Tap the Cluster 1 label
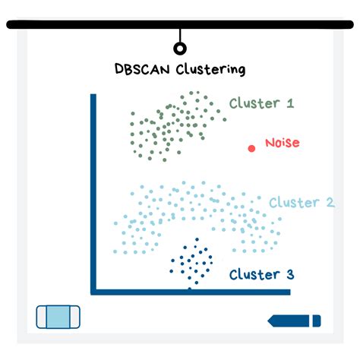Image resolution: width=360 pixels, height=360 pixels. click(x=261, y=103)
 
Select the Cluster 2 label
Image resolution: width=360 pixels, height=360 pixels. click(x=302, y=203)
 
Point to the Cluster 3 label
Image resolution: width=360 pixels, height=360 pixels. click(x=261, y=274)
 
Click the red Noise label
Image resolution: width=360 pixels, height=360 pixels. click(x=282, y=143)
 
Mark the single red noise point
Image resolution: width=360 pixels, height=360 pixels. click(x=251, y=148)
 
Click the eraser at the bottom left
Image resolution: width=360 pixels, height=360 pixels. click(x=58, y=317)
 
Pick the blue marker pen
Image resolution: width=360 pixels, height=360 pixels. click(x=295, y=321)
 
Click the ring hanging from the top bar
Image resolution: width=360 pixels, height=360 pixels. click(x=180, y=49)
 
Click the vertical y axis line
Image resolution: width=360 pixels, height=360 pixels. click(x=93, y=190)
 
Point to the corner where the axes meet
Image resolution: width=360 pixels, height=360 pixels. click(x=93, y=291)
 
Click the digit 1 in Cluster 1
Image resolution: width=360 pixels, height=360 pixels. click(x=289, y=103)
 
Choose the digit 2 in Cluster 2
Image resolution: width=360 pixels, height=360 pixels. click(x=330, y=203)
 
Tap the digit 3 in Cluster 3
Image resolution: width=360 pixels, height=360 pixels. click(x=289, y=274)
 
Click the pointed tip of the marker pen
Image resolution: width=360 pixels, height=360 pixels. click(x=270, y=321)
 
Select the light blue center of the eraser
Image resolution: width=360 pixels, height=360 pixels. click(x=58, y=317)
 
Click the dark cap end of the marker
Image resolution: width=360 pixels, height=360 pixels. click(x=317, y=321)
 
